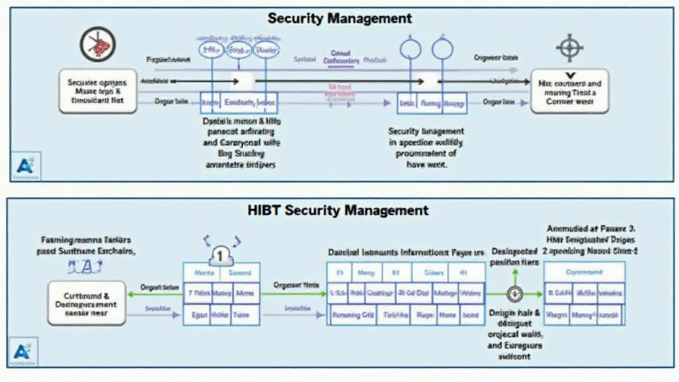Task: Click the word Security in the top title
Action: tap(296, 19)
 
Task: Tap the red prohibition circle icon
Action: tap(97, 44)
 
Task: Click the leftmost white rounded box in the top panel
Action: tap(97, 91)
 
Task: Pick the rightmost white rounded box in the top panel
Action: tap(570, 91)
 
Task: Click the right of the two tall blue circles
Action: tap(442, 49)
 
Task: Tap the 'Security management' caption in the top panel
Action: tap(426, 131)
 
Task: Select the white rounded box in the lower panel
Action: tap(87, 302)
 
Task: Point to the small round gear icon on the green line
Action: tap(514, 293)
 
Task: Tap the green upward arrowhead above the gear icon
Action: tap(515, 273)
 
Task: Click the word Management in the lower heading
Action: tap(387, 210)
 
